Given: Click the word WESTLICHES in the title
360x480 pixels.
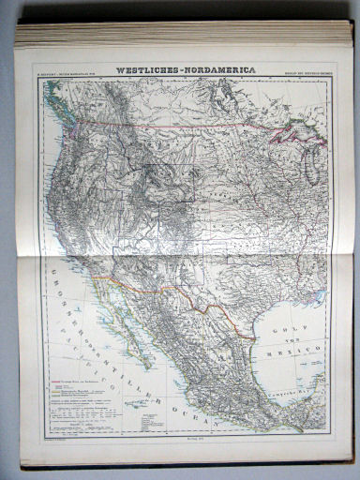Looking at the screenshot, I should tap(144, 69).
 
